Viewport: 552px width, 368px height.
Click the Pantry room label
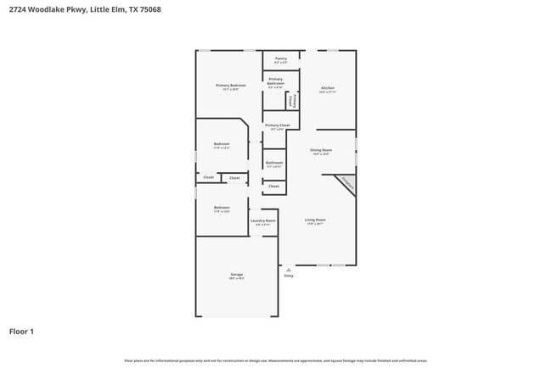point(280,59)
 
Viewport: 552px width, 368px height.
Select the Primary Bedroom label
point(231,86)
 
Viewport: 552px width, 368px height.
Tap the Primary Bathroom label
point(276,82)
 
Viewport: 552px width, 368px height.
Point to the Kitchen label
point(328,88)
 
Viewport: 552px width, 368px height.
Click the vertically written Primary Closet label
point(292,101)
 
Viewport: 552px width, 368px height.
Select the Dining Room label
point(321,151)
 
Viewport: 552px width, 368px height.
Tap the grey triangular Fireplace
point(346,182)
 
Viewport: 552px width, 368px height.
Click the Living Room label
point(316,220)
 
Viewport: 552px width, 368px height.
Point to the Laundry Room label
point(263,221)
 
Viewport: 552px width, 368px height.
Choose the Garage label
point(236,275)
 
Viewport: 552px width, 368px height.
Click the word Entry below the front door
point(289,276)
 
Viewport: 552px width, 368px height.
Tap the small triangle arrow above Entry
point(289,269)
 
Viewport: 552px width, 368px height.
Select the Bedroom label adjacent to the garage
point(222,208)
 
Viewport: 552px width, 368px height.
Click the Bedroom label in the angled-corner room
point(222,144)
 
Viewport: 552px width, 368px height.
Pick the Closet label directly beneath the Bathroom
point(273,186)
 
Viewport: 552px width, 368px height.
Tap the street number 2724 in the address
point(19,9)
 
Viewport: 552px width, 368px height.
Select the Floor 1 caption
point(21,332)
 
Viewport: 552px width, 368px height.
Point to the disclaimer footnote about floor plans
point(276,360)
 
